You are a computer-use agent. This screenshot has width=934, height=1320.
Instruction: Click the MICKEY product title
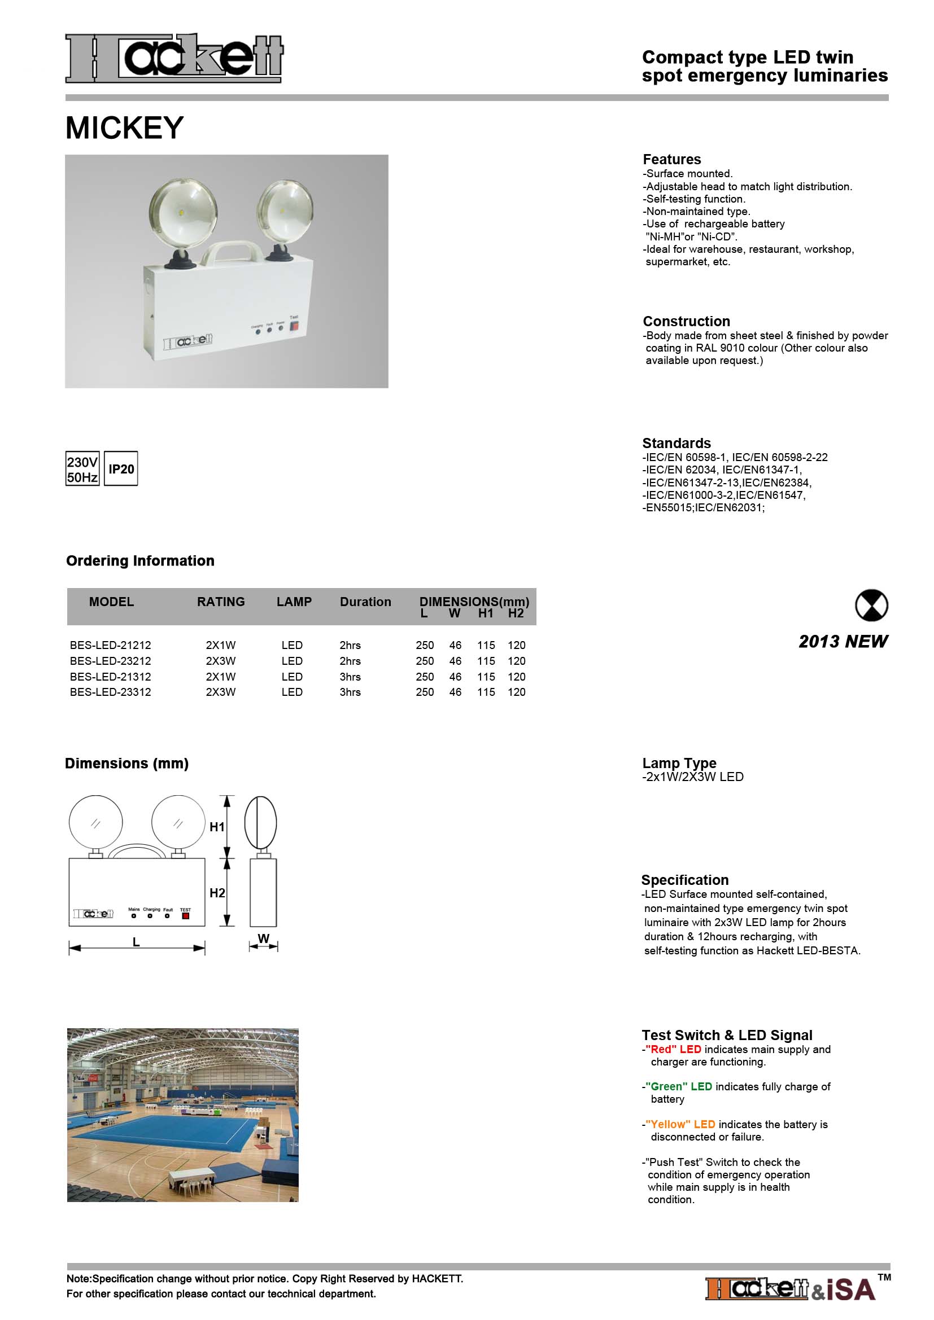point(124,128)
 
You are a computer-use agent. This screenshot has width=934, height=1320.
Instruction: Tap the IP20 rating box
point(121,469)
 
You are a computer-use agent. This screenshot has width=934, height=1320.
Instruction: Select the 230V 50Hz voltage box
point(82,469)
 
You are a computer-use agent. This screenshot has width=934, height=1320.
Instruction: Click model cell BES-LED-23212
point(111,661)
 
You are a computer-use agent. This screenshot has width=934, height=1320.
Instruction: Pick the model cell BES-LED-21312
point(111,677)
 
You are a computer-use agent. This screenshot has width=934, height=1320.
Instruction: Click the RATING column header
point(221,602)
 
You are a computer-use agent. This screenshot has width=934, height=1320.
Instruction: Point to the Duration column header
point(365,602)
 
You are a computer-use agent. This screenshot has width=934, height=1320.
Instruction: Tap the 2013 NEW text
point(843,642)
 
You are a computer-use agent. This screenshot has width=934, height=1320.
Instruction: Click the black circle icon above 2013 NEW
point(871,606)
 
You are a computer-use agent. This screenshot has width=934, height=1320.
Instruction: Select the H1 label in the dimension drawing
point(217,827)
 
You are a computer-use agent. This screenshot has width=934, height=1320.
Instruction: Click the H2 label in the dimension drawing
point(217,893)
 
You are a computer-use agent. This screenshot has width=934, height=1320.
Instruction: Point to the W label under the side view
point(263,939)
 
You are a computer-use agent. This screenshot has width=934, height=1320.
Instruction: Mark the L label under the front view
point(136,942)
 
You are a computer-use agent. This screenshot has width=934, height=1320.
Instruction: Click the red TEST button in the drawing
point(185,916)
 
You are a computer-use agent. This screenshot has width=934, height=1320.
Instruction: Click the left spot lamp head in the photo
point(183,214)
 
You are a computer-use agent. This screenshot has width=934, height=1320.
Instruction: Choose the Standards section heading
point(677,443)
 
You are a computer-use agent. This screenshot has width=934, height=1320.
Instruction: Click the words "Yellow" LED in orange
point(680,1124)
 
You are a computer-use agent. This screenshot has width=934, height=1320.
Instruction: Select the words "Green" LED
point(679,1086)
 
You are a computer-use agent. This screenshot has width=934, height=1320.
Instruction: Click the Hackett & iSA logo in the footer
point(791,1289)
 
